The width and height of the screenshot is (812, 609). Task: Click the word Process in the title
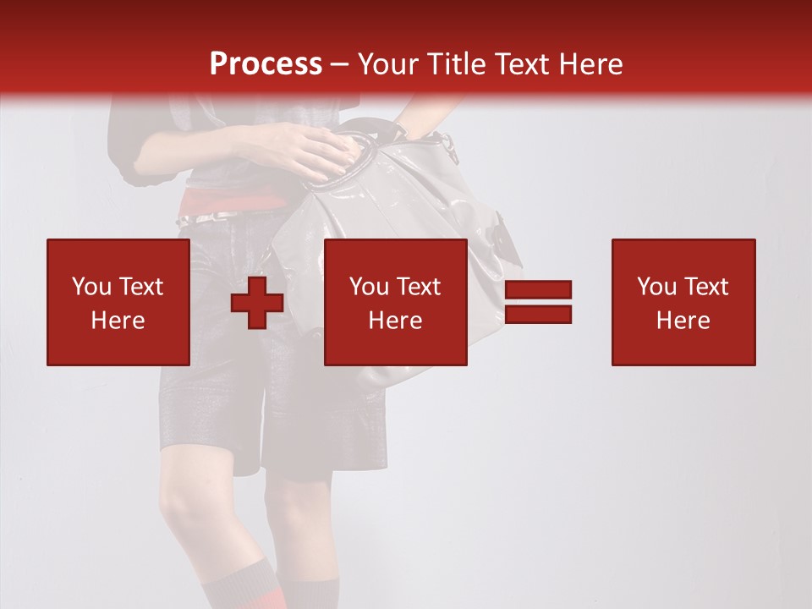tap(266, 64)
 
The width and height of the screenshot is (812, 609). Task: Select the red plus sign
tap(257, 304)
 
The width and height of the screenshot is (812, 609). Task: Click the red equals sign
tap(538, 302)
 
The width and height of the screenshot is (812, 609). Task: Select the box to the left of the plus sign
tap(118, 302)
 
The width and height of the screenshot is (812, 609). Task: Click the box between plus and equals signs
tap(395, 302)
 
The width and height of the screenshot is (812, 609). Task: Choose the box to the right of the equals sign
tap(683, 302)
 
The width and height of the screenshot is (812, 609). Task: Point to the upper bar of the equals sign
tap(538, 290)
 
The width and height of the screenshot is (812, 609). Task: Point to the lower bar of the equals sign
tap(538, 315)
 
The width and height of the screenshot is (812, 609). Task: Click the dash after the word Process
tap(340, 64)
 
